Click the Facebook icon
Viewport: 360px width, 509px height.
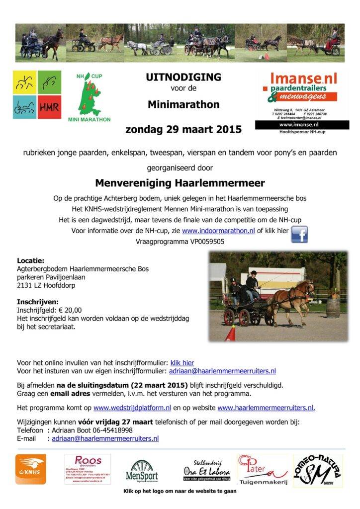[x=299, y=234]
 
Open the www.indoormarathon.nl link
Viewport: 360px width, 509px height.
[x=218, y=231]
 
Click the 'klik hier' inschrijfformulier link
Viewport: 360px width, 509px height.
[x=182, y=363]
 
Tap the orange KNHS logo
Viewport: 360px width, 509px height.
[x=31, y=469]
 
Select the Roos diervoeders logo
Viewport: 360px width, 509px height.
[x=88, y=469]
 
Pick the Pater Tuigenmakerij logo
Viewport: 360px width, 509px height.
[x=262, y=469]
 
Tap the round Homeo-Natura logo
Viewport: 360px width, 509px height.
[x=317, y=470]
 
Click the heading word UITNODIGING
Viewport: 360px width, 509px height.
[x=183, y=77]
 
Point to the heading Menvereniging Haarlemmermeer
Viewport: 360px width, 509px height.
[x=180, y=182]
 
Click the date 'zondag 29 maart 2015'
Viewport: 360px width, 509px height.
[x=183, y=130]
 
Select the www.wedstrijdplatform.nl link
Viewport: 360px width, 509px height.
[x=132, y=408]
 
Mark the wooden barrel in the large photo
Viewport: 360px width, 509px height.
[x=333, y=307]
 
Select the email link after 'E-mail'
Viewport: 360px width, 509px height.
[x=105, y=438]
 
